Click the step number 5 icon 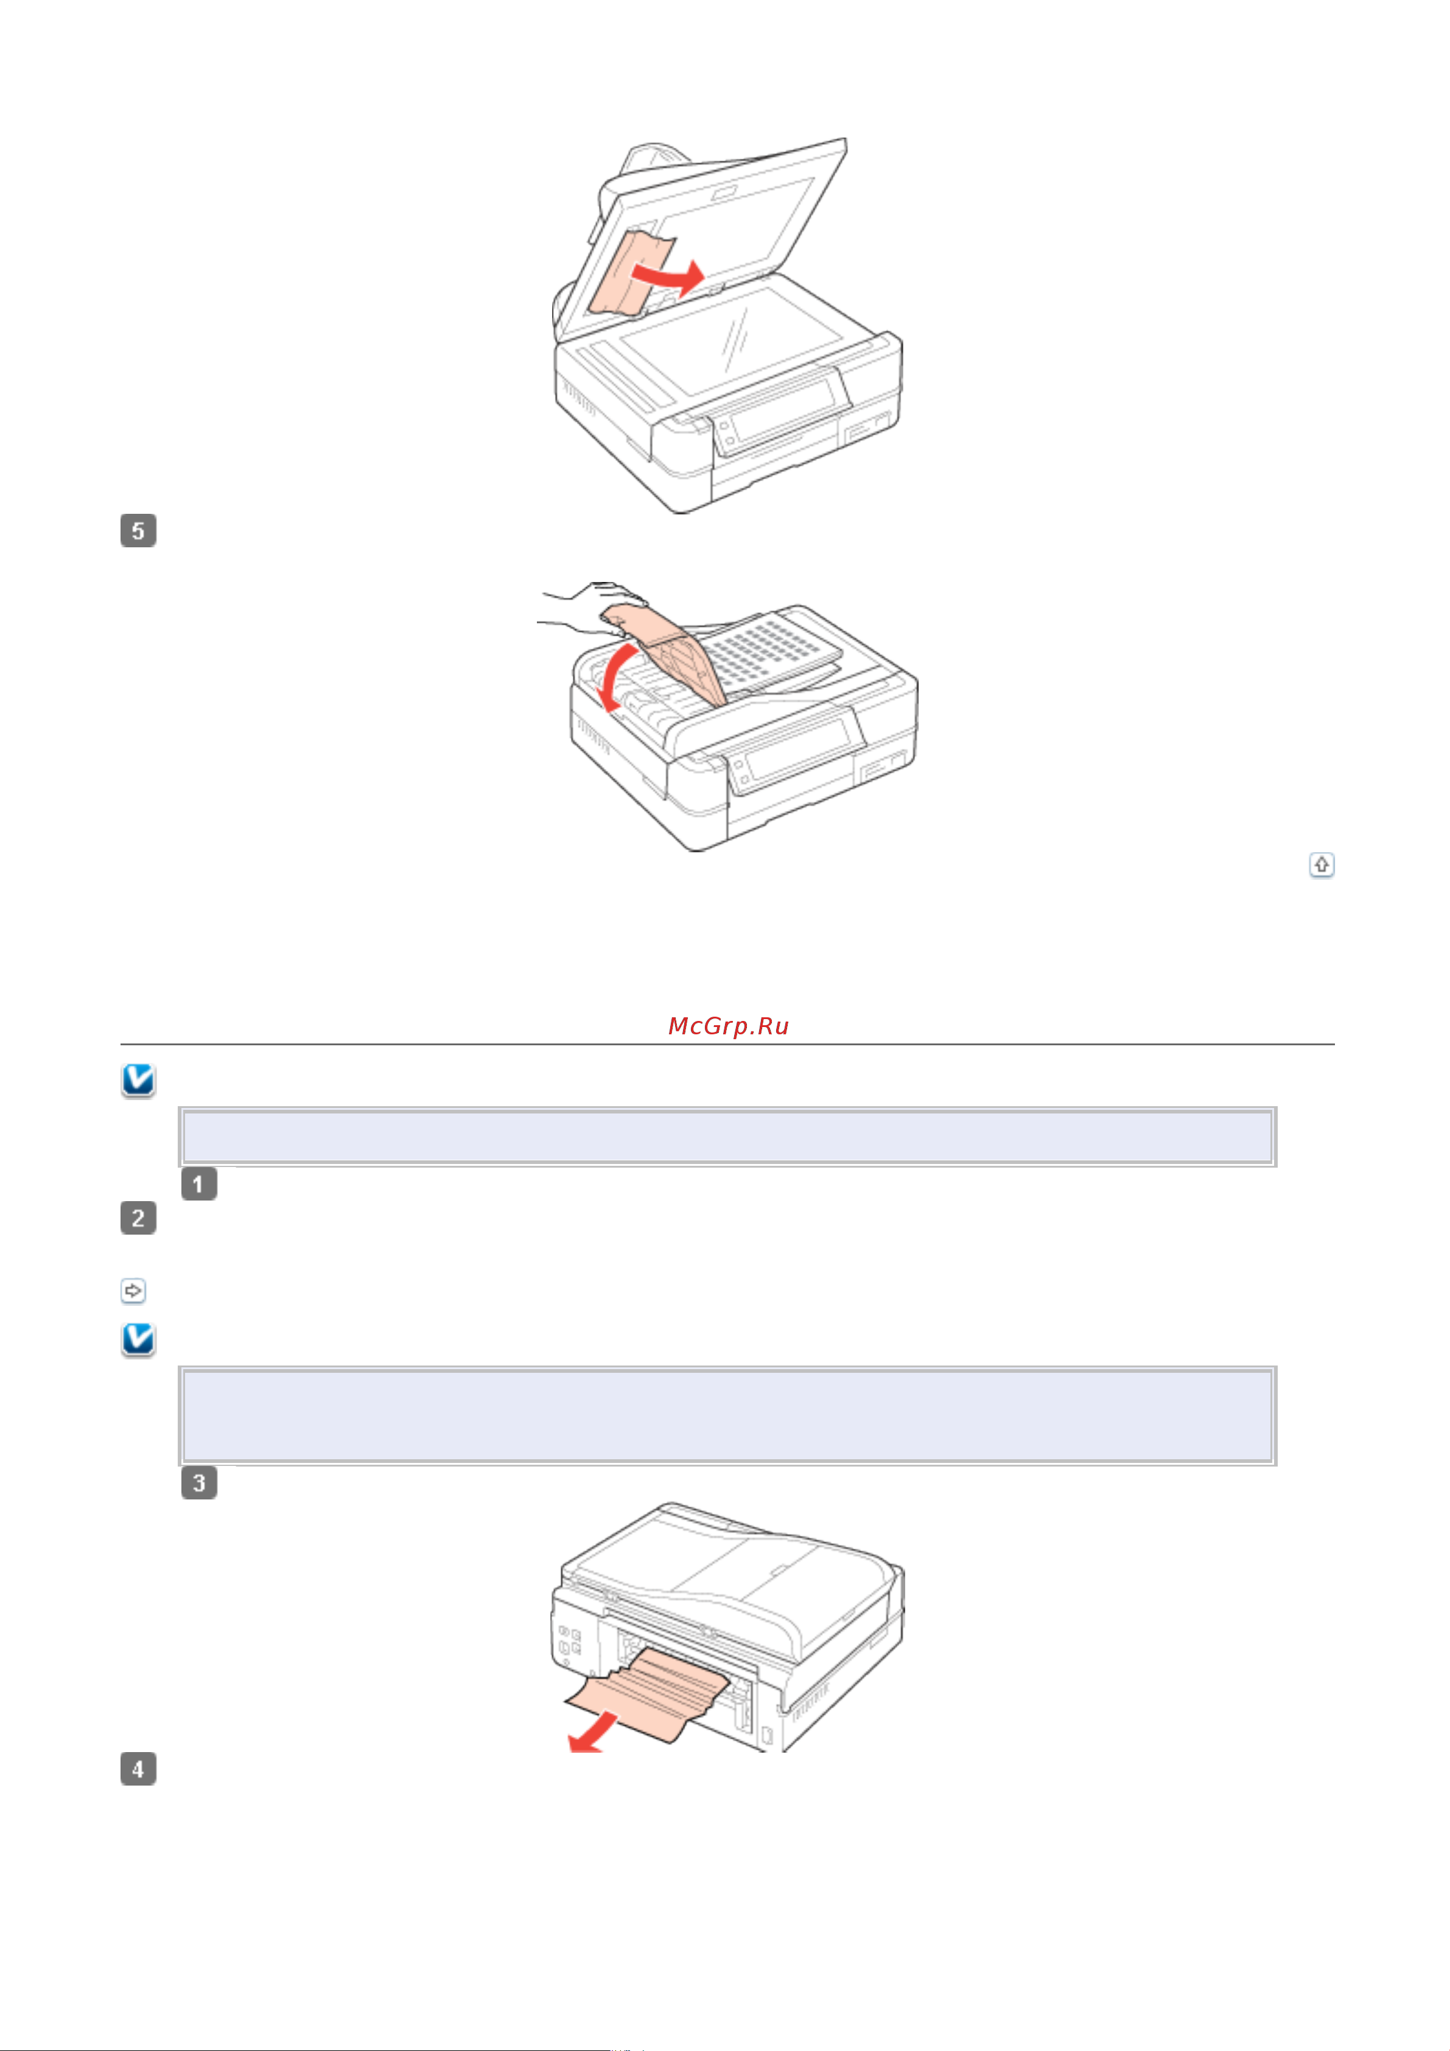pyautogui.click(x=138, y=531)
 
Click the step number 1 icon pyautogui.click(x=198, y=1185)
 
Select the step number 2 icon pyautogui.click(x=138, y=1218)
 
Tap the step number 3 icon pyautogui.click(x=198, y=1484)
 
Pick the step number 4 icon pyautogui.click(x=138, y=1769)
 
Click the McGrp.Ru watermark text pyautogui.click(x=728, y=1026)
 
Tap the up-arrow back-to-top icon pyautogui.click(x=1322, y=864)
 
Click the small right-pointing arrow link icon pyautogui.click(x=133, y=1291)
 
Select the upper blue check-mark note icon pyautogui.click(x=138, y=1080)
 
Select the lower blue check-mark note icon pyautogui.click(x=138, y=1339)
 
